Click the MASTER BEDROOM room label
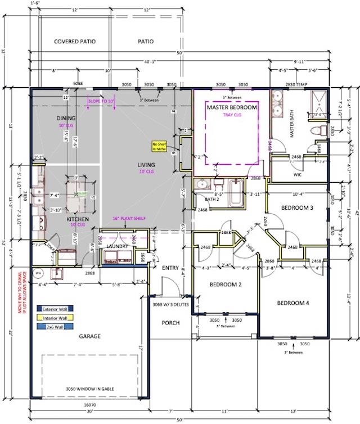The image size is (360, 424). (232, 107)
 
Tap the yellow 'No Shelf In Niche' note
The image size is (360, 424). (156, 147)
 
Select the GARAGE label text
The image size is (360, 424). (89, 336)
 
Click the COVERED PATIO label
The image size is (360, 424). (74, 42)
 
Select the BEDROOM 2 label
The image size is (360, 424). (225, 284)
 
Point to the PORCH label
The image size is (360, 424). (170, 323)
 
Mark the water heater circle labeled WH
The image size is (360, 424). (39, 274)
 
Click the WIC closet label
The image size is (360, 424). (298, 175)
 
